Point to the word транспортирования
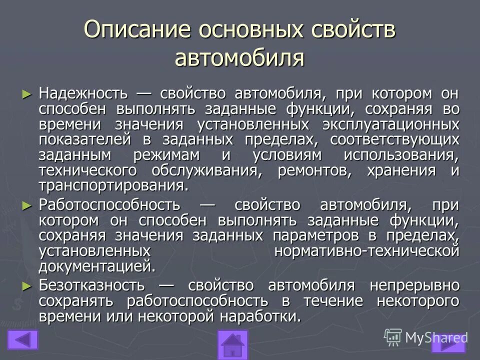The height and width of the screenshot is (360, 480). click(113, 186)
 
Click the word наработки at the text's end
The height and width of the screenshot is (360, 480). click(261, 316)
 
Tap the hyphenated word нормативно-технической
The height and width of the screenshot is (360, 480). click(366, 251)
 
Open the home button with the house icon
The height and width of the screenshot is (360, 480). click(232, 344)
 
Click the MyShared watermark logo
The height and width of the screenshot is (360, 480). click(425, 338)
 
